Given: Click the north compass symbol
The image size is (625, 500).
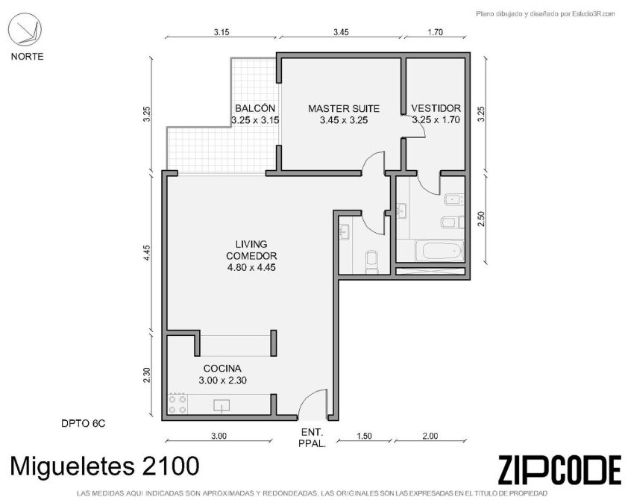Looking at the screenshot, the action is tap(25, 28).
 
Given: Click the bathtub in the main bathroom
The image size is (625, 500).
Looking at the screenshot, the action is tap(439, 251).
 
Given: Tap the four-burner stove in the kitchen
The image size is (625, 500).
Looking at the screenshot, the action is tap(178, 404).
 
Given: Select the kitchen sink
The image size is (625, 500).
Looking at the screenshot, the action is tap(222, 405).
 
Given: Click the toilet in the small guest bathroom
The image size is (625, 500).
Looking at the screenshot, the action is tap(372, 262).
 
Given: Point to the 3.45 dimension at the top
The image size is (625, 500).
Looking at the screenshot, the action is tap(341, 32).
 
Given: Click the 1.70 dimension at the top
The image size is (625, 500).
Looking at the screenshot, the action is tap(436, 32).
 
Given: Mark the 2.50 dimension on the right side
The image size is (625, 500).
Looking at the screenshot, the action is tap(481, 219).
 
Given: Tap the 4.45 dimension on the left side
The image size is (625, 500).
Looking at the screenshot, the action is tap(147, 253).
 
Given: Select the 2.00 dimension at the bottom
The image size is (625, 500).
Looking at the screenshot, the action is tap(430, 436).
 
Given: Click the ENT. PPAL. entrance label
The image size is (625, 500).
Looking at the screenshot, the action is tap(312, 438).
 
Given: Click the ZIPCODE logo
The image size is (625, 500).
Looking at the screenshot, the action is tap(559, 469).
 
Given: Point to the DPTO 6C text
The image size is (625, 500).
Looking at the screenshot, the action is tap(84, 423).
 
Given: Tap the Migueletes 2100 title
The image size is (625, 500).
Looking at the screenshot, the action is tap(104, 466).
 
